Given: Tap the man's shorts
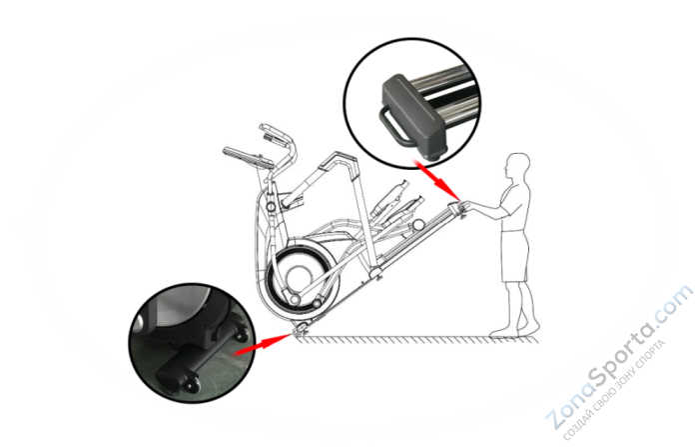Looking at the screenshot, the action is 515,256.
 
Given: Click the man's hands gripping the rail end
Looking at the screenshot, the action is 464,206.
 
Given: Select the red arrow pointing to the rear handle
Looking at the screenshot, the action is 437,180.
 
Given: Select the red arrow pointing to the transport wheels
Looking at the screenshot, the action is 264,343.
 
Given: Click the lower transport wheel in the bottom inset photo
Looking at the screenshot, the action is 192,385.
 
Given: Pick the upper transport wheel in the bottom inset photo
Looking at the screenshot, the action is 241,334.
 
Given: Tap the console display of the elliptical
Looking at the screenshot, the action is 248,158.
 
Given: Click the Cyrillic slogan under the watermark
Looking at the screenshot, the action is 614,390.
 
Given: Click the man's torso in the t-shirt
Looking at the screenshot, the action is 515,206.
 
